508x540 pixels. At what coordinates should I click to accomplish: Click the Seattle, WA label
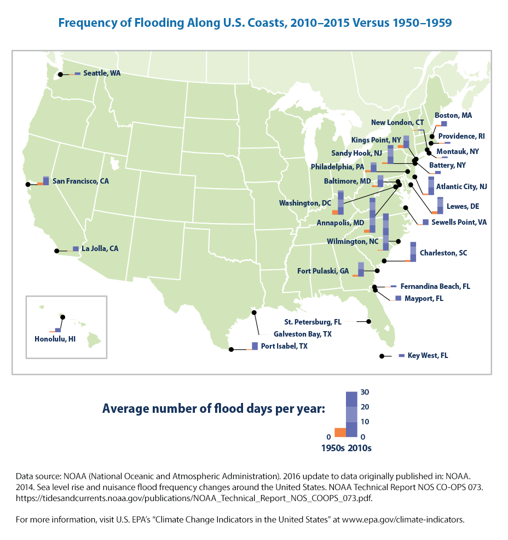(x=101, y=73)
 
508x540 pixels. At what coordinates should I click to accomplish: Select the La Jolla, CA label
(x=100, y=248)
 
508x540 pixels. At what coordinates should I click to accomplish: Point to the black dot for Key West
(x=381, y=356)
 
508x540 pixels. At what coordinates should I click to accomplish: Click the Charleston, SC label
(x=443, y=253)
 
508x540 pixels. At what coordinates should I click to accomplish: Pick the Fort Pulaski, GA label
(x=322, y=271)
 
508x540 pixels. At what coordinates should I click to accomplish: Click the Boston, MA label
(x=453, y=116)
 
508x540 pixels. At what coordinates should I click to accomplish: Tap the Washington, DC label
(x=305, y=203)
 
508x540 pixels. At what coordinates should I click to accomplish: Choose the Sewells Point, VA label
(x=459, y=222)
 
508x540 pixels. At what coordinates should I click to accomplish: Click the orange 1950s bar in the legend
(x=340, y=432)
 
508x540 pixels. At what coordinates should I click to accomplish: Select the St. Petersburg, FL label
(x=313, y=322)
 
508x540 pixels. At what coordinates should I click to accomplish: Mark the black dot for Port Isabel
(x=231, y=349)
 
